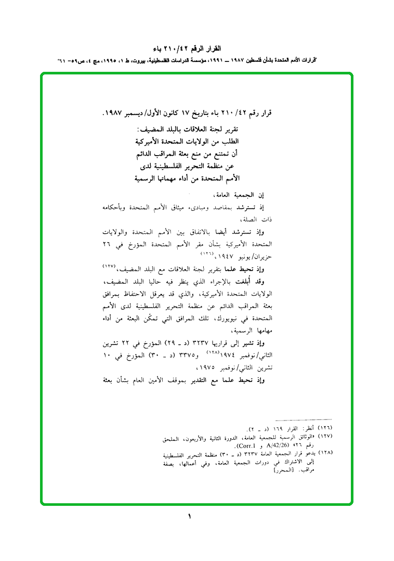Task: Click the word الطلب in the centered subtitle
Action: [x=229, y=141]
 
